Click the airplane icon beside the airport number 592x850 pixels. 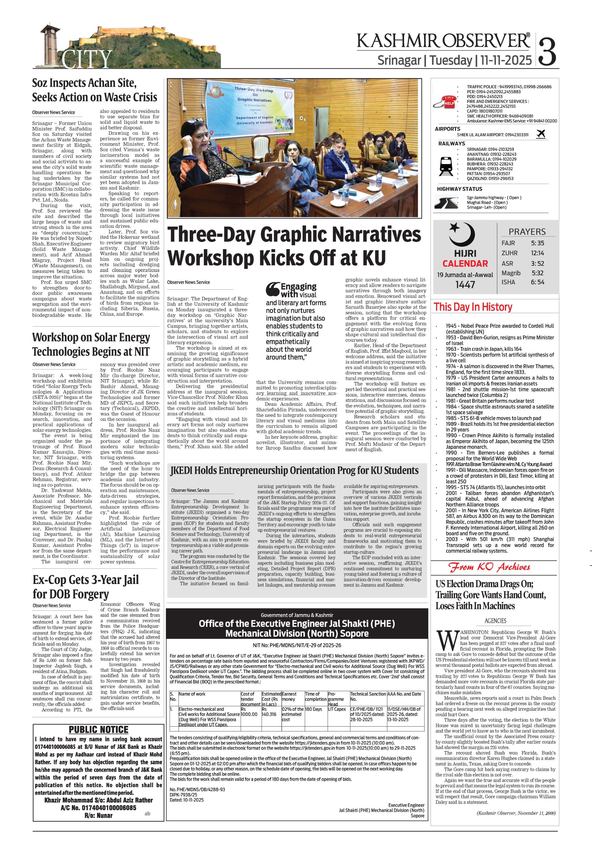click(x=541, y=134)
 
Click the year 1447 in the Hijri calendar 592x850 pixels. click(x=465, y=285)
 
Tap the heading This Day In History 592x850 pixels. click(x=473, y=307)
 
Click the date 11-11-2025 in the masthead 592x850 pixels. click(x=506, y=60)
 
